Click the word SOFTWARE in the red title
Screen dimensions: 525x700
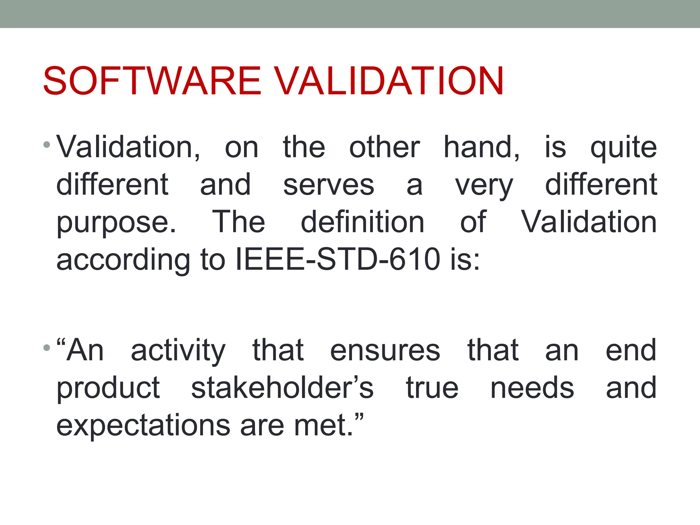coord(152,81)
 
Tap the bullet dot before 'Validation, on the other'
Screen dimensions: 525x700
coord(47,145)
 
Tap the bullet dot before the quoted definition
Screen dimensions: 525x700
coord(47,348)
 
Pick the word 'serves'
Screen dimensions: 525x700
coord(329,185)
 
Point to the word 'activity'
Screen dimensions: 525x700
coord(178,351)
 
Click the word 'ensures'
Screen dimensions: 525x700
coord(385,351)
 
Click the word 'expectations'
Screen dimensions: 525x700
coord(143,426)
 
